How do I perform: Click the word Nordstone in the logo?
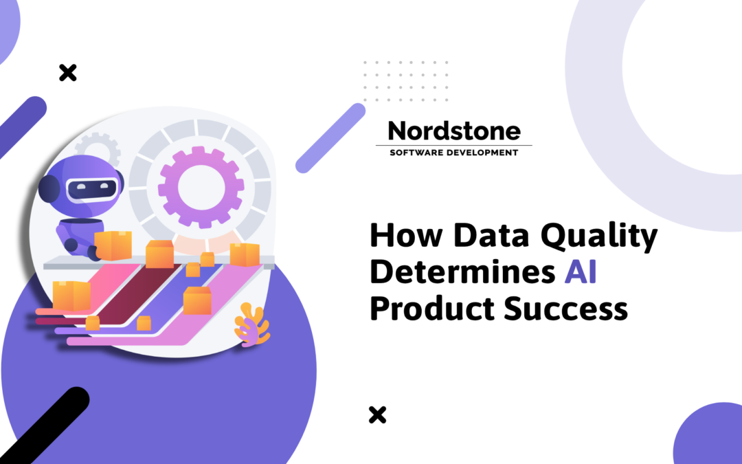point(454,131)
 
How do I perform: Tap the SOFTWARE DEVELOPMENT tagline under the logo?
point(454,153)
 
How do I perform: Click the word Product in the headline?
point(431,309)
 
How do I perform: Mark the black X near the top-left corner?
point(67,72)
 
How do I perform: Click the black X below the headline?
point(377,415)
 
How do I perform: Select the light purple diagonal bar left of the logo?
point(330,137)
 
